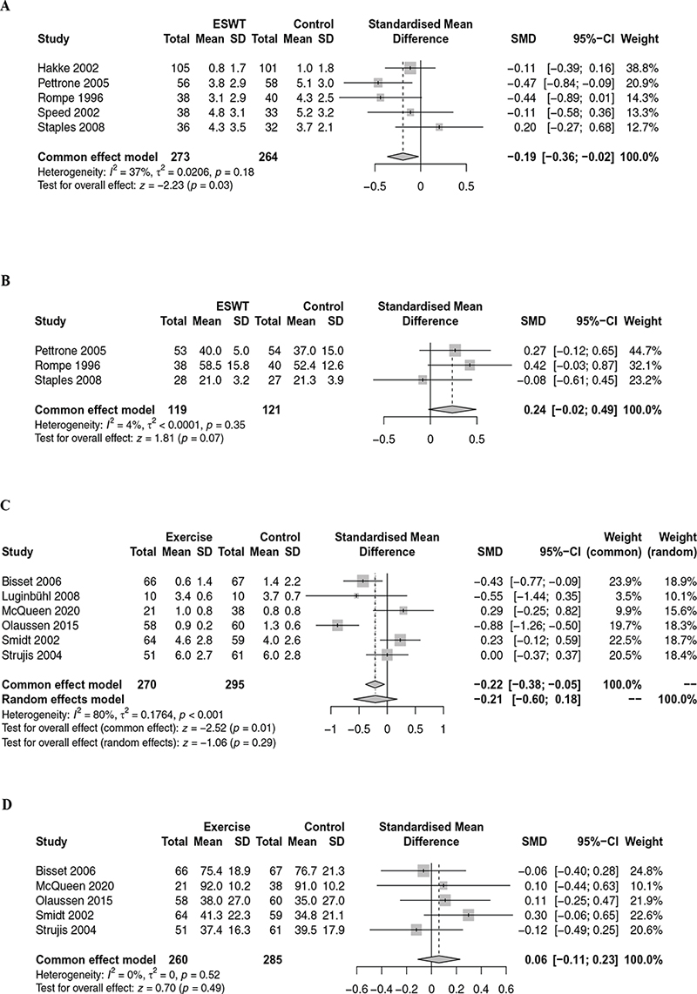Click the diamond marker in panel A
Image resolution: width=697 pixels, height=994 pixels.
[401, 157]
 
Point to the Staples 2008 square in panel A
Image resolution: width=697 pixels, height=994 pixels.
[439, 127]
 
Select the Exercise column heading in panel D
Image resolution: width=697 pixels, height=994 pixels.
[227, 825]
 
